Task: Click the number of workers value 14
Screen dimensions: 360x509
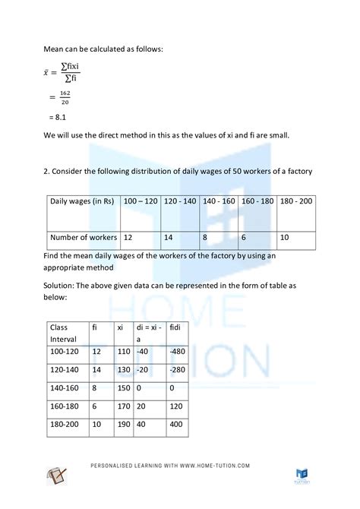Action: point(169,237)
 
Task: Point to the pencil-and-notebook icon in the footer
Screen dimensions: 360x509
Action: point(58,478)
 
